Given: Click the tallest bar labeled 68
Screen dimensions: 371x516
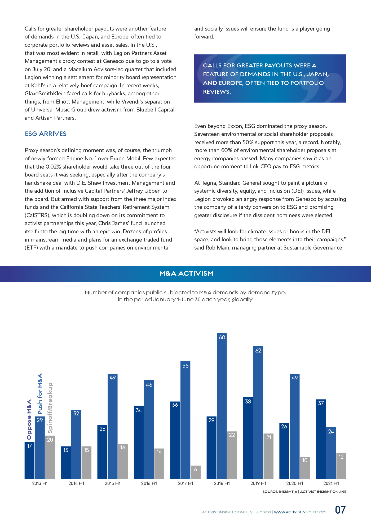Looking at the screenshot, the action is coord(222,406).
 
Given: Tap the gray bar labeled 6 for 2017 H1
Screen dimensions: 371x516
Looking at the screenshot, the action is coord(196,472).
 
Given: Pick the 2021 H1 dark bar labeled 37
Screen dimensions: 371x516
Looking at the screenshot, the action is coord(321,439).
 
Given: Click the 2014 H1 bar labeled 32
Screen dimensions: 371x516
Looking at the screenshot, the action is coord(76,444).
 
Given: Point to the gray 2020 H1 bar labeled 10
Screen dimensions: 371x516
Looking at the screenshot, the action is coord(305,468).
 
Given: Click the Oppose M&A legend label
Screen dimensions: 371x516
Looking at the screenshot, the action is coord(29,419).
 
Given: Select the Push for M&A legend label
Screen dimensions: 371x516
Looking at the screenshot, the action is coord(40,394).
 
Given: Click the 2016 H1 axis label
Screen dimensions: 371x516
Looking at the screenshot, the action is coord(149,483).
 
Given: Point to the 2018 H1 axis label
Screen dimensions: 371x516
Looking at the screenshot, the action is coord(222,483).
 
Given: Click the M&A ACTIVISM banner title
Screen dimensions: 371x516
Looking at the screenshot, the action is coord(186,273).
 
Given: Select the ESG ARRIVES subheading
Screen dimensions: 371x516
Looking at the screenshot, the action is coord(46,134).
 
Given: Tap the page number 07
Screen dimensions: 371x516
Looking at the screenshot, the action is coord(340,510).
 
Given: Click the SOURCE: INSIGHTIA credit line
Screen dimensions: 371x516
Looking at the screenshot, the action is coord(304,492).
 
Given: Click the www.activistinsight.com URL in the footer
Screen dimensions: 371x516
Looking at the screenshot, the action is coord(300,512).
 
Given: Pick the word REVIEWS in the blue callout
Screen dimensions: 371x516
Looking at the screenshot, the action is coord(217,92).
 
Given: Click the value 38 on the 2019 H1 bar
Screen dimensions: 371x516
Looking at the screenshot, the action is coord(248,401).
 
